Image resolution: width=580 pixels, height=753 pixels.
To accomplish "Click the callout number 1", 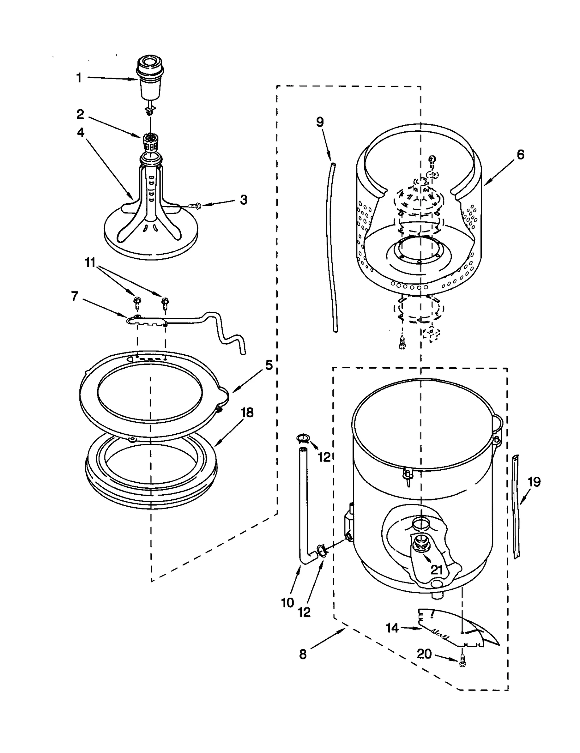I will coord(79,78).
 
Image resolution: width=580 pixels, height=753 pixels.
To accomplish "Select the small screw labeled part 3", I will coord(195,206).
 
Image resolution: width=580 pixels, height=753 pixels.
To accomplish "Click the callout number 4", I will coord(80,132).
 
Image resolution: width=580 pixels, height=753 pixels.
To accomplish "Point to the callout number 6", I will coord(520,155).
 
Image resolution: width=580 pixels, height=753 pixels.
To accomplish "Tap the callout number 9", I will coord(320,122).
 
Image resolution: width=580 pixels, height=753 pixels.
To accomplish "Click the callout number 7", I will coord(75,296).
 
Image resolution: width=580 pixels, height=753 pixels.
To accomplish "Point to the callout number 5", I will coord(269,365).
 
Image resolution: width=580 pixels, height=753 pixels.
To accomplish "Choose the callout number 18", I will coord(247,413).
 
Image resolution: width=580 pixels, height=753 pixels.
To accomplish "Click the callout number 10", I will coord(287,603).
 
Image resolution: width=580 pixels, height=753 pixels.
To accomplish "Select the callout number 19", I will coord(534,482).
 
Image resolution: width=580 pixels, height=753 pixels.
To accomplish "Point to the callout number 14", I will coord(392,628).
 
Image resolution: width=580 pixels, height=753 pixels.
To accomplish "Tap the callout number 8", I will coord(303,654).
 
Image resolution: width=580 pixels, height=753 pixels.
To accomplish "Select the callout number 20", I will coord(424,654).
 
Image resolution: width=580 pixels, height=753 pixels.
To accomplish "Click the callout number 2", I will coord(80,114).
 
